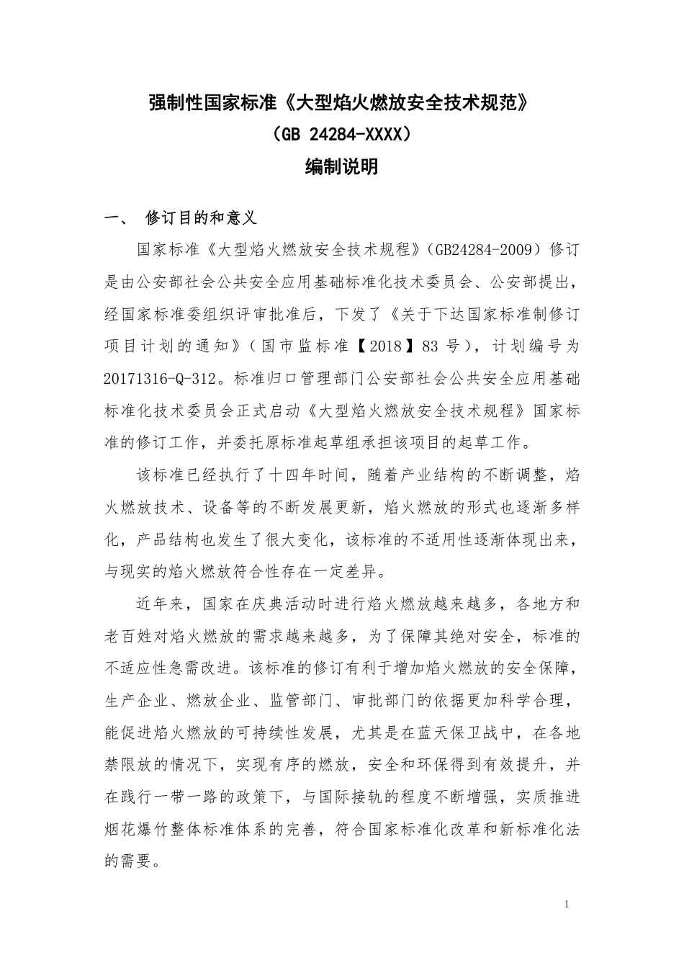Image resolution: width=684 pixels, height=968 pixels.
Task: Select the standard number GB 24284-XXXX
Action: tap(341, 135)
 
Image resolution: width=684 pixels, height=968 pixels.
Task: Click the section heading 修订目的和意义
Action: tap(201, 218)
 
